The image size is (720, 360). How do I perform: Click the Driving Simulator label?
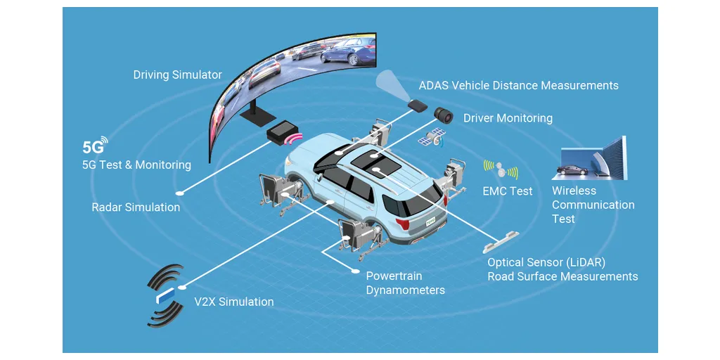[x=178, y=75]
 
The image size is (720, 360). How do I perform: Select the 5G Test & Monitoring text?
[x=136, y=165]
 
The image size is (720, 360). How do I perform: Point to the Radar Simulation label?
[x=136, y=207]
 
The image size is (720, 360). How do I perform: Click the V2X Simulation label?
[x=233, y=302]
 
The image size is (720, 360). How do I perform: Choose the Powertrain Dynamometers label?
[x=406, y=283]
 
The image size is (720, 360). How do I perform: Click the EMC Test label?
[x=508, y=191]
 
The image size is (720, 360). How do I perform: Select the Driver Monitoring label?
[x=508, y=118]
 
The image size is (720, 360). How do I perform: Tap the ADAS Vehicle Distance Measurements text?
[x=518, y=85]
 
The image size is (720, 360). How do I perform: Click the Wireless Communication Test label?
[x=593, y=205]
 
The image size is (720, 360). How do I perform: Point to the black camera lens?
[x=444, y=115]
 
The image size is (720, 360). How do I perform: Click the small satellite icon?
[x=432, y=137]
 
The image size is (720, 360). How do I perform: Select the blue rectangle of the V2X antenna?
[x=166, y=295]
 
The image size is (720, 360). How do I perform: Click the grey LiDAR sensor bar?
[x=501, y=242]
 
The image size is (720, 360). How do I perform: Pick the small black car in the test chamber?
[x=572, y=169]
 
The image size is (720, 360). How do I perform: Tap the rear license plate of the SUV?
[x=430, y=221]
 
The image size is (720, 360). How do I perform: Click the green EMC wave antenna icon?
[x=501, y=170]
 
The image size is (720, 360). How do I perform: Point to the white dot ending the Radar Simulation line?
[x=184, y=193]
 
